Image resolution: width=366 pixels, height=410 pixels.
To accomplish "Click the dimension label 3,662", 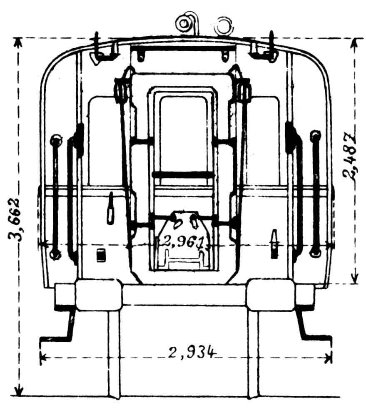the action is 15,220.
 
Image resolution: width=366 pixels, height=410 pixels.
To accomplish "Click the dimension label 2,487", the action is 349,157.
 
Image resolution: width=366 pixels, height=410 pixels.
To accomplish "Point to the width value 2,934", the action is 192,353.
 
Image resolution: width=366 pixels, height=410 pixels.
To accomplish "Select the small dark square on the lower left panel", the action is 101,255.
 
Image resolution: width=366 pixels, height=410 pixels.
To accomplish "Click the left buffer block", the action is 99,295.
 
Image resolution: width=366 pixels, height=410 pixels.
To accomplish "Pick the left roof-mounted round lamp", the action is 184,23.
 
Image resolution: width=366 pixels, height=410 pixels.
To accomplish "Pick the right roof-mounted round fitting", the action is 224,26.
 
